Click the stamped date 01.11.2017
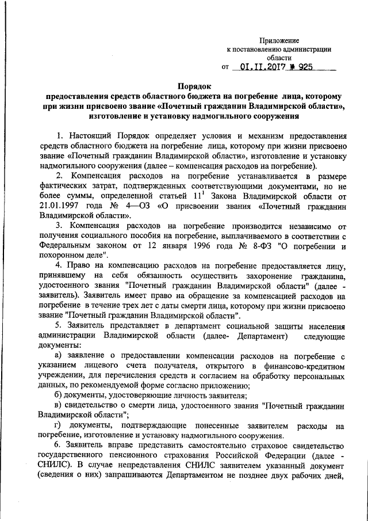[x=262, y=67]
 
